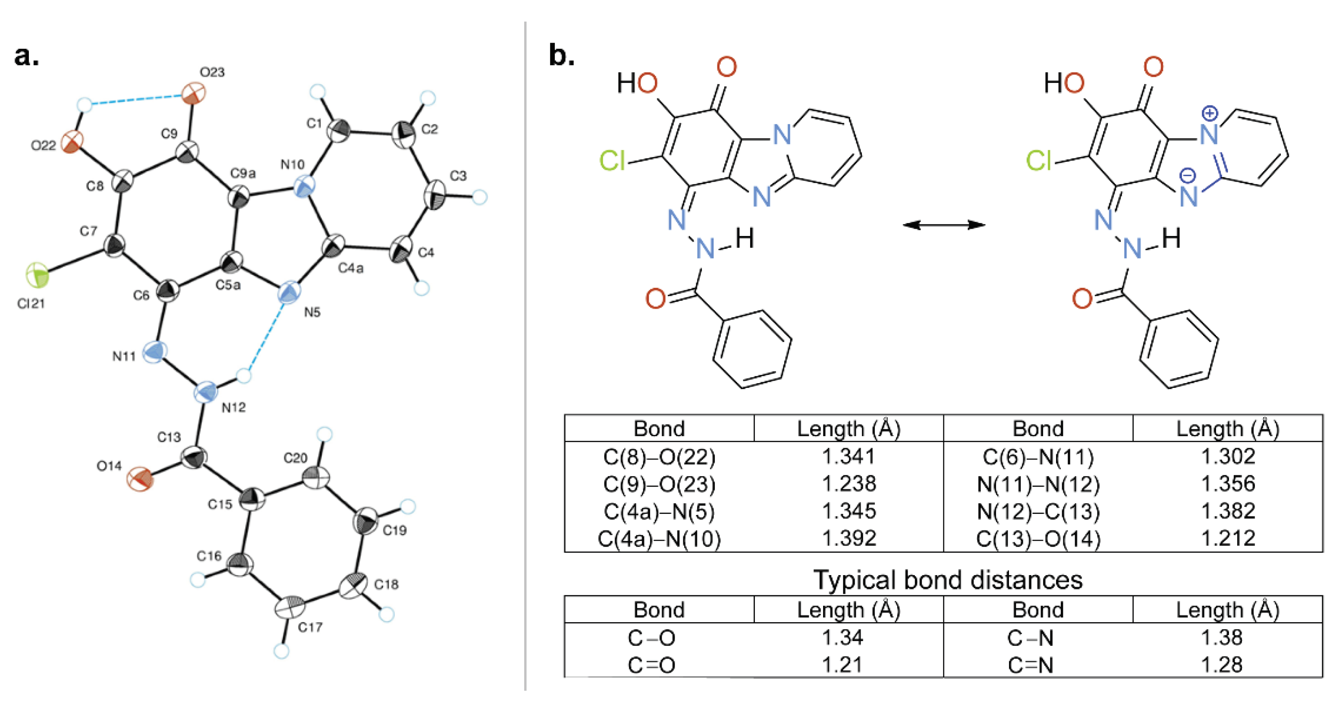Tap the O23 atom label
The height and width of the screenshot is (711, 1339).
212,72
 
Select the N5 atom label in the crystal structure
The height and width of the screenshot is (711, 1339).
312,312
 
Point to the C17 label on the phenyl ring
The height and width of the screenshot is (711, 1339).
310,627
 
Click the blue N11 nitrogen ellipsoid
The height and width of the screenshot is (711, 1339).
155,352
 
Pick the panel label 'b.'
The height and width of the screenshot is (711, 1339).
561,56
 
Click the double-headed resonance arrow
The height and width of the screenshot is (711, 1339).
943,224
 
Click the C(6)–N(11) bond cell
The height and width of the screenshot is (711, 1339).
1037,457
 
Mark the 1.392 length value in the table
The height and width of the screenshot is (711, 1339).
849,538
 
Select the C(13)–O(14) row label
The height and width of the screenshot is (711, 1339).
1037,538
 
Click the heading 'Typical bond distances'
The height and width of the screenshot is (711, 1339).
947,580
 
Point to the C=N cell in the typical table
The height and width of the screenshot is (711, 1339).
1030,665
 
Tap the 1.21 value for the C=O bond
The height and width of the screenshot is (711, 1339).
842,665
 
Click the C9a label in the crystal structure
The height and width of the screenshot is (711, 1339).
243,173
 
